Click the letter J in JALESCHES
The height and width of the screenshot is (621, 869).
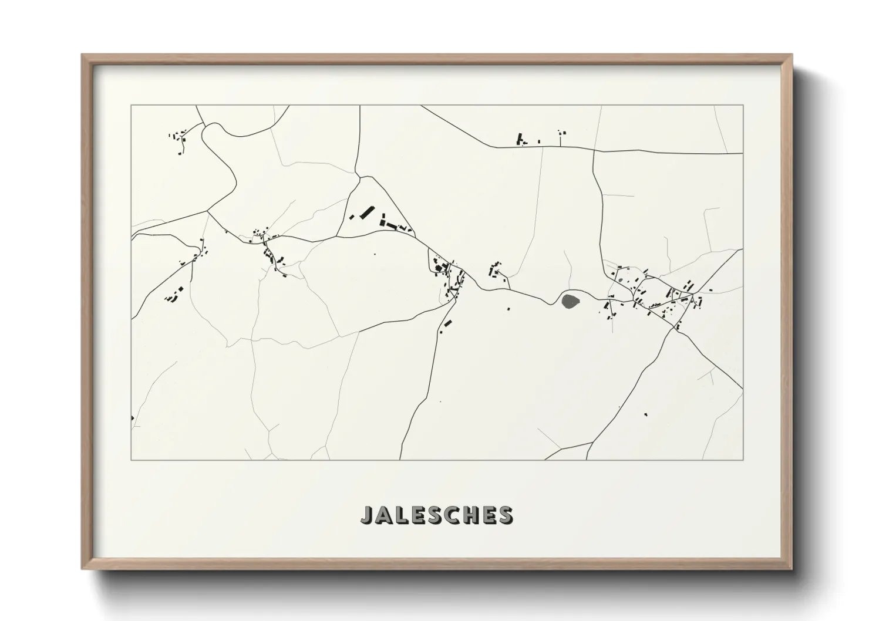point(366,515)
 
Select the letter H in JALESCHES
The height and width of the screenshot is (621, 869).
point(474,515)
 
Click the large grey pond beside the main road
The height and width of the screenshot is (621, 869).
point(570,302)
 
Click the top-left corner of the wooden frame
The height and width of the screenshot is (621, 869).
point(83,55)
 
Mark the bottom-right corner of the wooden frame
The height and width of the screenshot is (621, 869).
point(791,568)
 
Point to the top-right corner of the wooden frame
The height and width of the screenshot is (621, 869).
point(791,55)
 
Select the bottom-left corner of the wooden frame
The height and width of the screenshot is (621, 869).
point(83,568)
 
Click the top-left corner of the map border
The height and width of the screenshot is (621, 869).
point(131,105)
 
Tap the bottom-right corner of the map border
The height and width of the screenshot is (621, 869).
point(743,460)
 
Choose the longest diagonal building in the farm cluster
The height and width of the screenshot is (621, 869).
point(366,211)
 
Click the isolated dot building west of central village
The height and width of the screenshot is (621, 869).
point(375,254)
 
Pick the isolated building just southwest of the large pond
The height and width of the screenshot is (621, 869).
point(508,308)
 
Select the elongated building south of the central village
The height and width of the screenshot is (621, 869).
point(447,323)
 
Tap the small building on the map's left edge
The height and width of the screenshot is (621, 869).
point(133,418)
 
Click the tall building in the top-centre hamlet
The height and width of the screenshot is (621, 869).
point(519,139)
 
